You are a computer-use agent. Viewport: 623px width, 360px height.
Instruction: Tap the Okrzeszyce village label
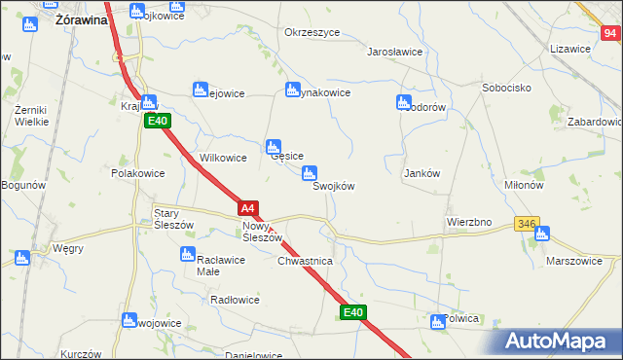pos(311,32)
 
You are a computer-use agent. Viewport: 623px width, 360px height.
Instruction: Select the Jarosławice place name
pos(394,52)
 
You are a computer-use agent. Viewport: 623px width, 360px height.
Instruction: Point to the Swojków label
pos(333,187)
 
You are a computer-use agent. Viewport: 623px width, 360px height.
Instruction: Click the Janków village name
pos(422,173)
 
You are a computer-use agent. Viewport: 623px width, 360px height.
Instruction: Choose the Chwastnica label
pos(306,262)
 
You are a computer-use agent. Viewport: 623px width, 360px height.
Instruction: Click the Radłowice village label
pos(235,300)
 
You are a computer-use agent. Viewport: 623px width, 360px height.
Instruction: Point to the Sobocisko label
pos(505,88)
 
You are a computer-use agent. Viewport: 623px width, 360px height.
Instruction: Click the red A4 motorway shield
pos(248,208)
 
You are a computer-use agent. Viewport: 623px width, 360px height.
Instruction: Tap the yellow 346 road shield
pos(527,224)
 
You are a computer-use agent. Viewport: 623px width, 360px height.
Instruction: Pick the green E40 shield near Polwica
pos(353,312)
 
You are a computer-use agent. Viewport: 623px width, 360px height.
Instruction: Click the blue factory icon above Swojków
pos(310,174)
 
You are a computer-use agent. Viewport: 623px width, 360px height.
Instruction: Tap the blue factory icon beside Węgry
pos(21,258)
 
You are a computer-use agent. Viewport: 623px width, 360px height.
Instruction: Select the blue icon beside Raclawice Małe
pos(188,254)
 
